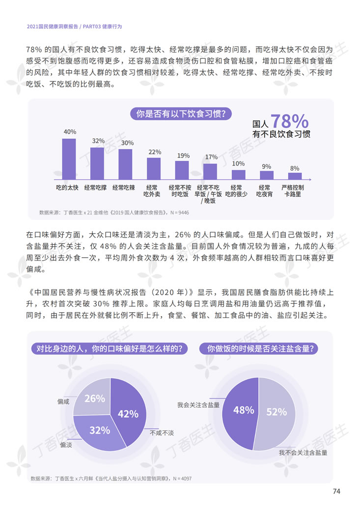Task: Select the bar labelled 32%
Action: (97, 163)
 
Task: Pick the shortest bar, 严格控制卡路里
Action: (295, 176)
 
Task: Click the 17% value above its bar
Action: (211, 157)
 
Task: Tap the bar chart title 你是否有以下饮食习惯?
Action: (180, 114)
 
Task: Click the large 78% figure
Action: (289, 121)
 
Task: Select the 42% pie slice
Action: (129, 414)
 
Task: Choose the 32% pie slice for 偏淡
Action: (100, 431)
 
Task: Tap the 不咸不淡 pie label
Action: (162, 432)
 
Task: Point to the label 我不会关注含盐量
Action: (303, 452)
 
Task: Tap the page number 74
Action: (336, 491)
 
